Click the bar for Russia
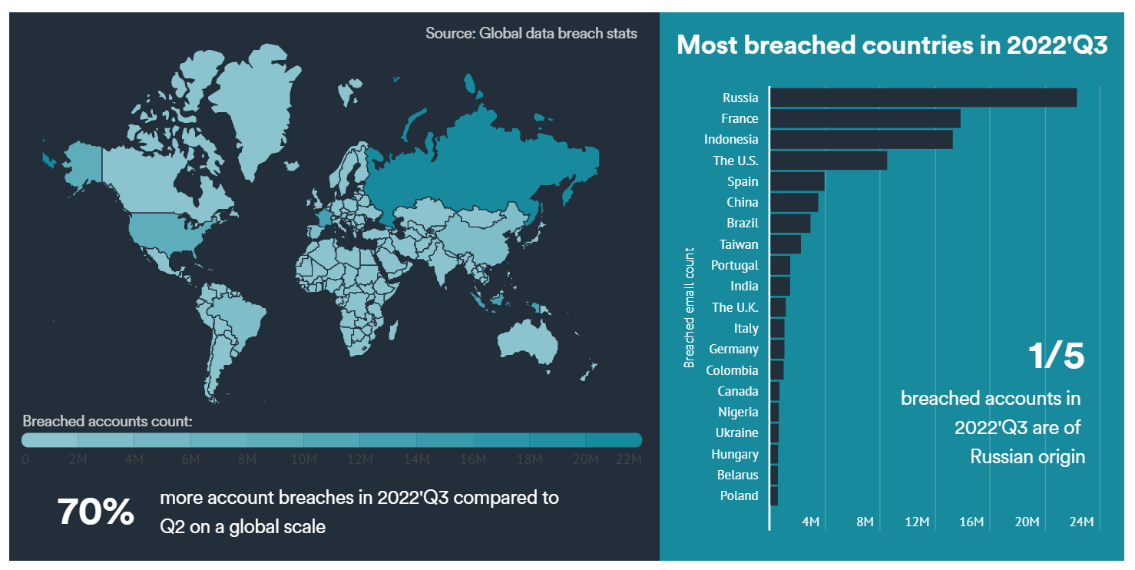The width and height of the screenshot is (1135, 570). (922, 98)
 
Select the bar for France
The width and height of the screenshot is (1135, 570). (865, 118)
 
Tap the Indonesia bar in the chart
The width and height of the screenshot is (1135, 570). (861, 139)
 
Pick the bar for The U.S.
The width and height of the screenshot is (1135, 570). (828, 161)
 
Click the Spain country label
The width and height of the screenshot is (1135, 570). (743, 181)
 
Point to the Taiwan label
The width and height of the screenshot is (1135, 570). (739, 244)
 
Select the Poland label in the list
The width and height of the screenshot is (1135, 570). (739, 495)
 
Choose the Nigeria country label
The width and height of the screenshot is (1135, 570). (738, 412)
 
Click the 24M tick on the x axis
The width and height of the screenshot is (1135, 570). (1081, 522)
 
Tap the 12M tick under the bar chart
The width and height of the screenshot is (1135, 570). (918, 522)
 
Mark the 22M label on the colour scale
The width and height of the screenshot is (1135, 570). (628, 459)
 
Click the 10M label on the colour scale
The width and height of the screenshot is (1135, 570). (303, 459)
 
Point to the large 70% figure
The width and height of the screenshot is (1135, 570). (96, 512)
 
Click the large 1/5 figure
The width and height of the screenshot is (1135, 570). (1056, 356)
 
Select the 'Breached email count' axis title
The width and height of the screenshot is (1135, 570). (689, 307)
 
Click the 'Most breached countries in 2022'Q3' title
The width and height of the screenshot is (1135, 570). (892, 45)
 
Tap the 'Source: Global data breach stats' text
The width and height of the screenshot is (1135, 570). (531, 34)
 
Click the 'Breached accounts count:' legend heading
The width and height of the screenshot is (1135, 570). (108, 421)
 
